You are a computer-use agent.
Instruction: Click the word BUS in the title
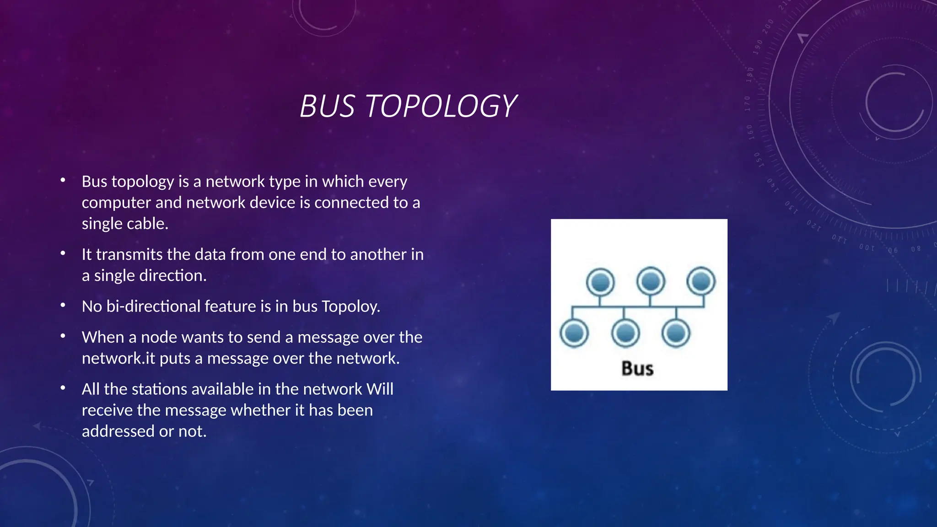tap(327, 106)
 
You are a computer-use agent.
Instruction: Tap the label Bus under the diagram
tap(637, 369)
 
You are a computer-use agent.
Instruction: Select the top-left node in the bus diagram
tap(600, 282)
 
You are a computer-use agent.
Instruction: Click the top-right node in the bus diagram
tap(701, 281)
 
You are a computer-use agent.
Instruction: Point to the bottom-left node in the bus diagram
tap(574, 333)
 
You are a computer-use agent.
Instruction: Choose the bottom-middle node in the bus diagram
tap(625, 333)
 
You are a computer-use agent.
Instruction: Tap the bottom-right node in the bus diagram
tap(676, 333)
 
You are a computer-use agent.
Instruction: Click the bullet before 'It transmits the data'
tap(63, 253)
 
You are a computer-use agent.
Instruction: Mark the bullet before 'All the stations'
tap(63, 388)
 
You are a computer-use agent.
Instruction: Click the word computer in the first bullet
tap(116, 203)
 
